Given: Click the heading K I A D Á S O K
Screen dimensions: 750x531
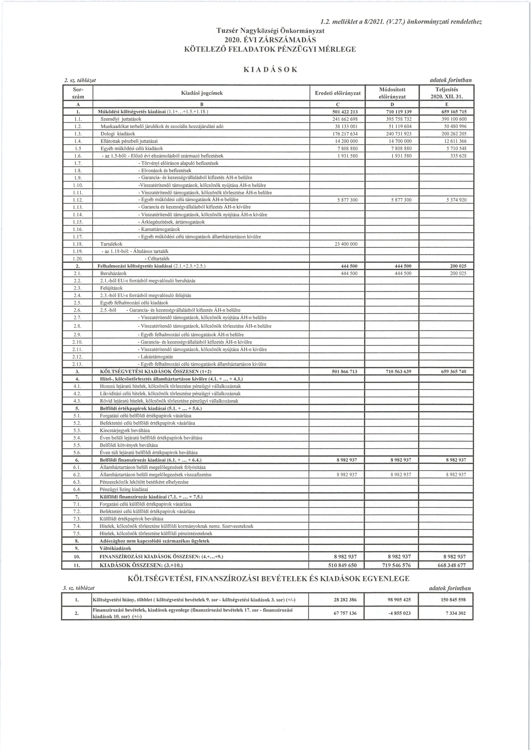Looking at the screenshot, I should tap(270, 70).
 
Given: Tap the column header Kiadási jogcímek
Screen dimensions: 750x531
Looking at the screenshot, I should tap(202, 93).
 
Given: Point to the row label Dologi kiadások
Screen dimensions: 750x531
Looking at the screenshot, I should tap(117, 134).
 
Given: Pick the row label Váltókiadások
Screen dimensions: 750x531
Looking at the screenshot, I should tap(116, 548).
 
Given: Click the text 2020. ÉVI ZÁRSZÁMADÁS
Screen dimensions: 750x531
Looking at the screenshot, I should tap(270, 40).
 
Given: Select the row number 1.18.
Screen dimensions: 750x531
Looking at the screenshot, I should tap(78, 244).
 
